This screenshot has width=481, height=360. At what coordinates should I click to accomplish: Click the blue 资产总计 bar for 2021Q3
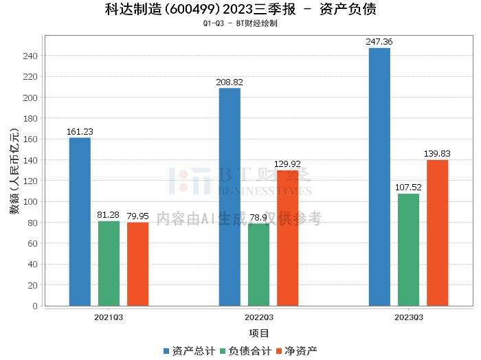tap(80, 222)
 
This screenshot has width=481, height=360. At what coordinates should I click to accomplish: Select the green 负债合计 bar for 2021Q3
tap(109, 263)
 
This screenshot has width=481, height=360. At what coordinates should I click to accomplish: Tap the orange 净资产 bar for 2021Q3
tap(137, 264)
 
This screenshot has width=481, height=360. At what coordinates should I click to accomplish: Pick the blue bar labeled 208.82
tap(230, 197)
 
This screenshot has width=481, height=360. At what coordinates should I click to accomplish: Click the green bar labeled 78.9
tap(258, 265)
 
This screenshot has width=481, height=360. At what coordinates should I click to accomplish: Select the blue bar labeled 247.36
tap(379, 177)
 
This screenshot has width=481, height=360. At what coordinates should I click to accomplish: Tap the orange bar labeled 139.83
tap(437, 233)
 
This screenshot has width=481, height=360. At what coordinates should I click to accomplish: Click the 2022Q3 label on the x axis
tap(258, 317)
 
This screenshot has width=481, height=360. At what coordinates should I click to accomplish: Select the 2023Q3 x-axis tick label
tap(408, 317)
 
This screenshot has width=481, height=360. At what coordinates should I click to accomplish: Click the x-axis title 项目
tap(258, 333)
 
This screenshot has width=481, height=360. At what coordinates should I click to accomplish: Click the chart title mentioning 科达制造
tap(240, 10)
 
